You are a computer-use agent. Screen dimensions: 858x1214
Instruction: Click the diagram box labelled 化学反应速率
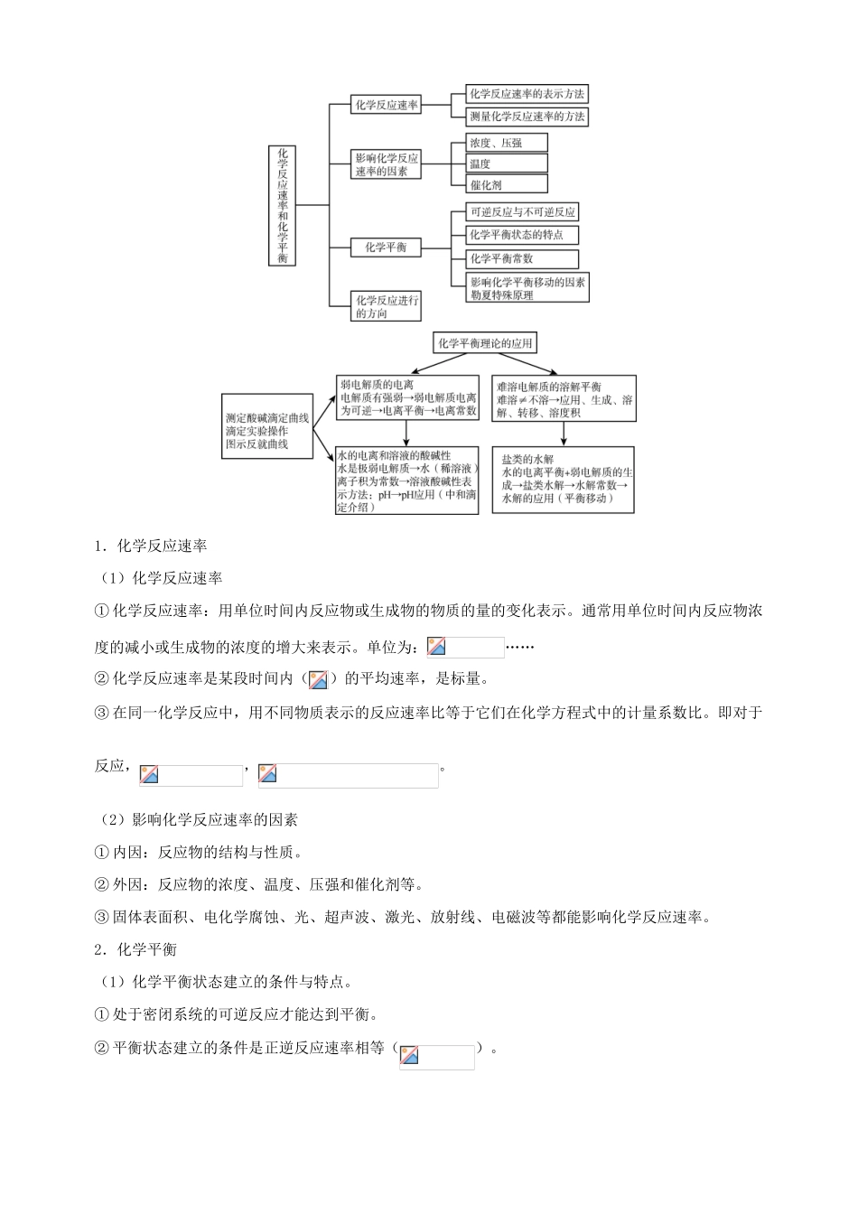[x=387, y=105]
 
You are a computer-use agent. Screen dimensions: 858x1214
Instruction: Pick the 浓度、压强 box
[x=507, y=143]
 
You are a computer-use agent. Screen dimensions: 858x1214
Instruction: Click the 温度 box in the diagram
[x=507, y=163]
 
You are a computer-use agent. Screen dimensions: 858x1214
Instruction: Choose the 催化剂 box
[x=507, y=184]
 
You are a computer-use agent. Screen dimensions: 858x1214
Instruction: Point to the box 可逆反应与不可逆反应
[x=522, y=212]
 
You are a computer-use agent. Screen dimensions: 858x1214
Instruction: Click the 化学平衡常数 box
[x=522, y=258]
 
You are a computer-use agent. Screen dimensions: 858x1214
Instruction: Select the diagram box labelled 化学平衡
[x=386, y=247]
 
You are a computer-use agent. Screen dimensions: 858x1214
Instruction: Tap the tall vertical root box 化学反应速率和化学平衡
[x=283, y=205]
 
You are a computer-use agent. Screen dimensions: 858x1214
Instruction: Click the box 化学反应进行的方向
[x=387, y=307]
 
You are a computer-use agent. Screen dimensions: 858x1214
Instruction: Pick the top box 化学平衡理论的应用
[x=485, y=342]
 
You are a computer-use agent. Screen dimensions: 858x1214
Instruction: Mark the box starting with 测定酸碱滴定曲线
[x=267, y=432]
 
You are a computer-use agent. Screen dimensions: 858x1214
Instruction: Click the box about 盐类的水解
[x=564, y=480]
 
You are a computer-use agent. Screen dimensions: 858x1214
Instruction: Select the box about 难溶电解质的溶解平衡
[x=564, y=399]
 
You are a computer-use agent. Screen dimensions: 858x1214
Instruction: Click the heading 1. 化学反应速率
[x=151, y=546]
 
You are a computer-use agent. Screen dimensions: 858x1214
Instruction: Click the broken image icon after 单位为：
[x=437, y=647]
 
